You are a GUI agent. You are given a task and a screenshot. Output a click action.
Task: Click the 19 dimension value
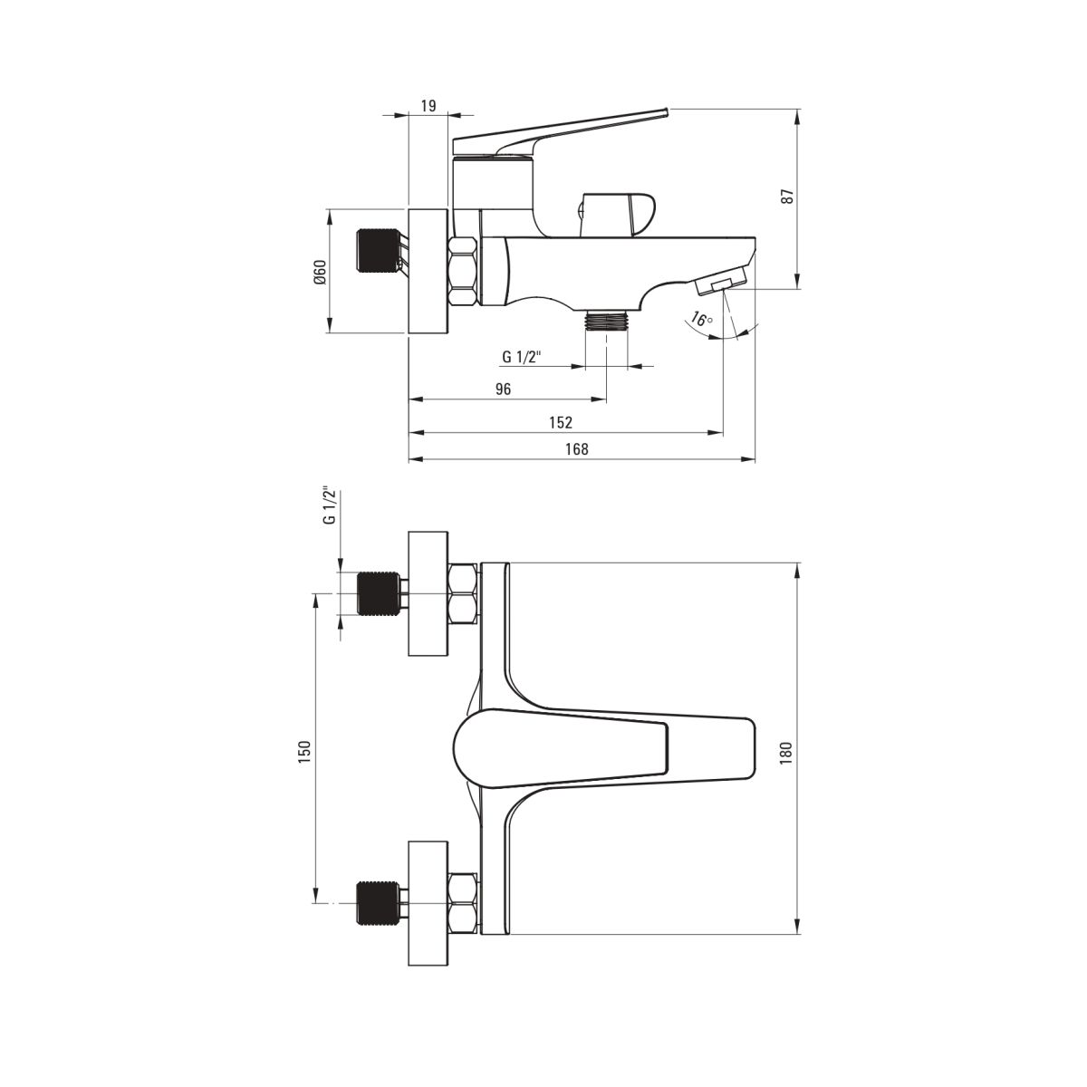428,106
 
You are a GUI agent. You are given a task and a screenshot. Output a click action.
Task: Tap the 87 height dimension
789,196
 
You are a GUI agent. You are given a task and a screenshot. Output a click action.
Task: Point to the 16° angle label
701,320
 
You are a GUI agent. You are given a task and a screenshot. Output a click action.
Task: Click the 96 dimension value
503,390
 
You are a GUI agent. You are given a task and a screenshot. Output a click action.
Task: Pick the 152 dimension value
561,422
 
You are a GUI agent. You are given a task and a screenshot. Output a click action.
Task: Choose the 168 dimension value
576,449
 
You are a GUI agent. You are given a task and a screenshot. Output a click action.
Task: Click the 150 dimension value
304,750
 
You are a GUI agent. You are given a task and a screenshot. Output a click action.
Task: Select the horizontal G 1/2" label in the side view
522,357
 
